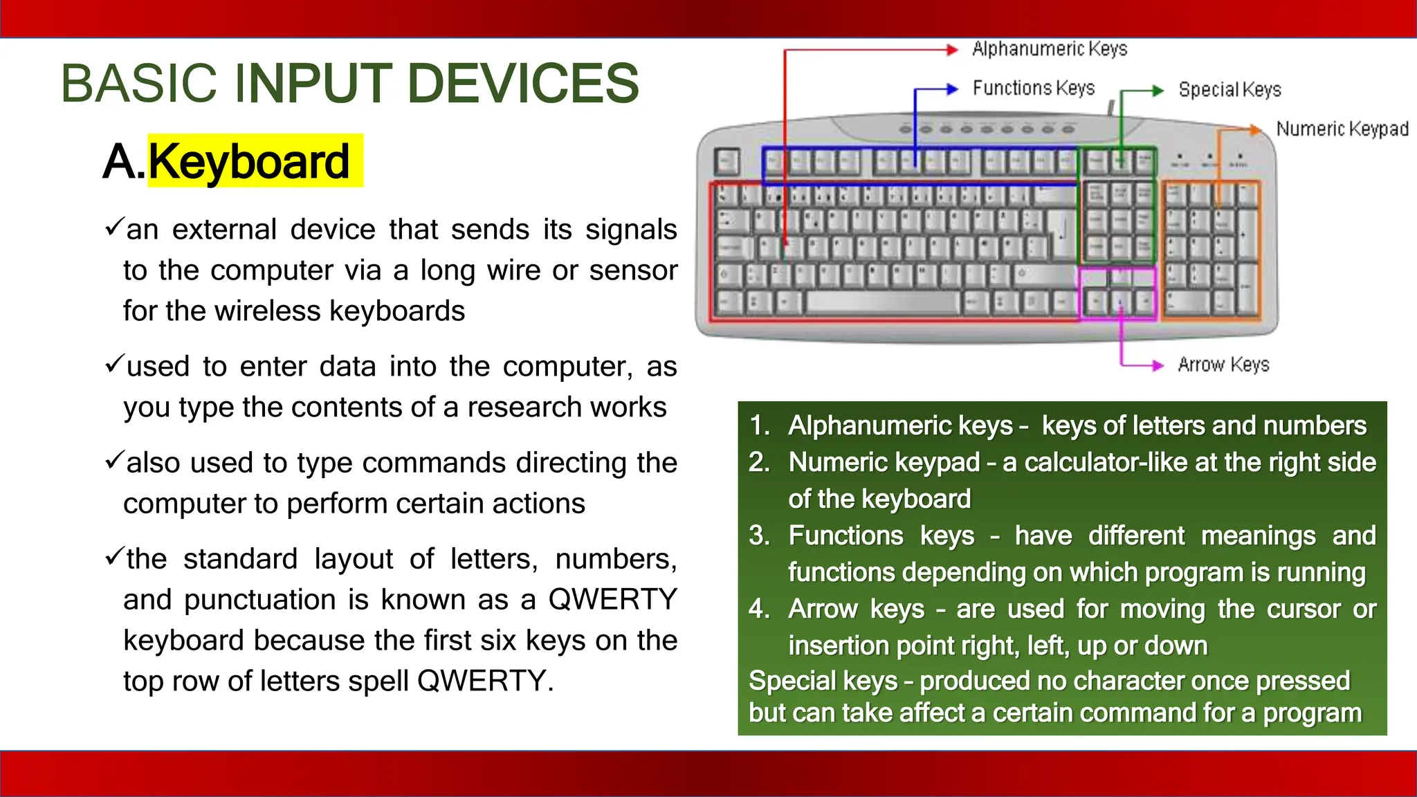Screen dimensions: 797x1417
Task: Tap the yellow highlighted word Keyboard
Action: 249,161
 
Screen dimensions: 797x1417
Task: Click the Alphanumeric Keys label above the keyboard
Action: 1049,49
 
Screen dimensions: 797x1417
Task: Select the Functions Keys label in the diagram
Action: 1033,89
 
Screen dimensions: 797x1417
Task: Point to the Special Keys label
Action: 1229,90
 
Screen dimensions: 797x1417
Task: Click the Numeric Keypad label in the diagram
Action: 1342,129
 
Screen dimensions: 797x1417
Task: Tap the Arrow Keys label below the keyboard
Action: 1223,365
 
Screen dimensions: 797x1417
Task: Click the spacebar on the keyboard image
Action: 881,302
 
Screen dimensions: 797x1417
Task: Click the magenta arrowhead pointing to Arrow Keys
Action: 1158,366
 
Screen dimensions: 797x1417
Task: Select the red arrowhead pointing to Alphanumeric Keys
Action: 953,50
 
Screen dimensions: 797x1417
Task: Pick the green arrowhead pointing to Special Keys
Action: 1158,91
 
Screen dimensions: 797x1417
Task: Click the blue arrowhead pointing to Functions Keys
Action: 953,89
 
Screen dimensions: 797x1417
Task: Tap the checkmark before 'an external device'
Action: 114,226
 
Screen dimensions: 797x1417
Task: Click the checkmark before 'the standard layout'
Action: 114,556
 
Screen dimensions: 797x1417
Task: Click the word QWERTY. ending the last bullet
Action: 485,681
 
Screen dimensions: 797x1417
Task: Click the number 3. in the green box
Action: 759,536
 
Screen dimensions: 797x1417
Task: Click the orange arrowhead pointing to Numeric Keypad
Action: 1255,129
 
